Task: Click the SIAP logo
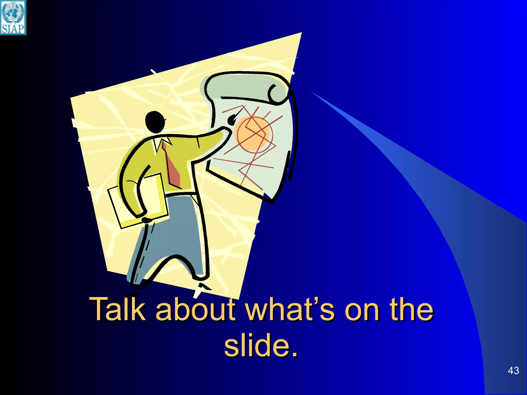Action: point(13,17)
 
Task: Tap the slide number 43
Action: point(513,371)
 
